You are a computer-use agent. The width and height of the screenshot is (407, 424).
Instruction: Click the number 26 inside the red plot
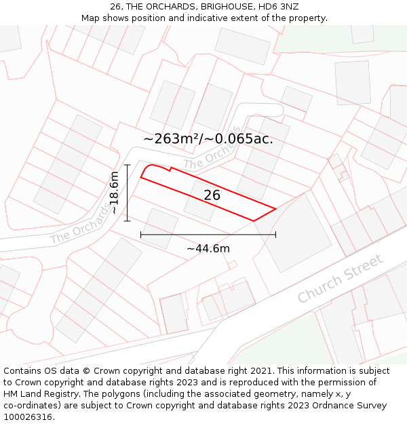(x=212, y=195)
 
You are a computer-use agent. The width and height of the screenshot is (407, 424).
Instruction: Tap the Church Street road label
(x=341, y=278)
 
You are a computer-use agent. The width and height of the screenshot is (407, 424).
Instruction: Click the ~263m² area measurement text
(x=171, y=138)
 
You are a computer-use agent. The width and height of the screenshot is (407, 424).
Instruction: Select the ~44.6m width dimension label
(x=208, y=248)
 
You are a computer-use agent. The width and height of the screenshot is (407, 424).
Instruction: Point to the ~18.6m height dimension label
(x=115, y=193)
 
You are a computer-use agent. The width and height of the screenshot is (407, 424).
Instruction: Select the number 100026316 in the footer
(x=28, y=417)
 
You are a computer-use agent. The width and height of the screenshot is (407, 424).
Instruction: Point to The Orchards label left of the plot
(x=80, y=225)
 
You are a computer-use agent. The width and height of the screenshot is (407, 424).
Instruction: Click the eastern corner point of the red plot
(x=275, y=209)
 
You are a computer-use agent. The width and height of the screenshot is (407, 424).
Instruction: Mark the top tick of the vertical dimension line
(x=127, y=165)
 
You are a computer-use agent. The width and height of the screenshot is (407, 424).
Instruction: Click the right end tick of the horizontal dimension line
(x=275, y=235)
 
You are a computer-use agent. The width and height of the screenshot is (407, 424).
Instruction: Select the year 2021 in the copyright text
(x=262, y=371)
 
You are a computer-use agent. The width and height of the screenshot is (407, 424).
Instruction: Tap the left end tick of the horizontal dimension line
(x=140, y=235)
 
